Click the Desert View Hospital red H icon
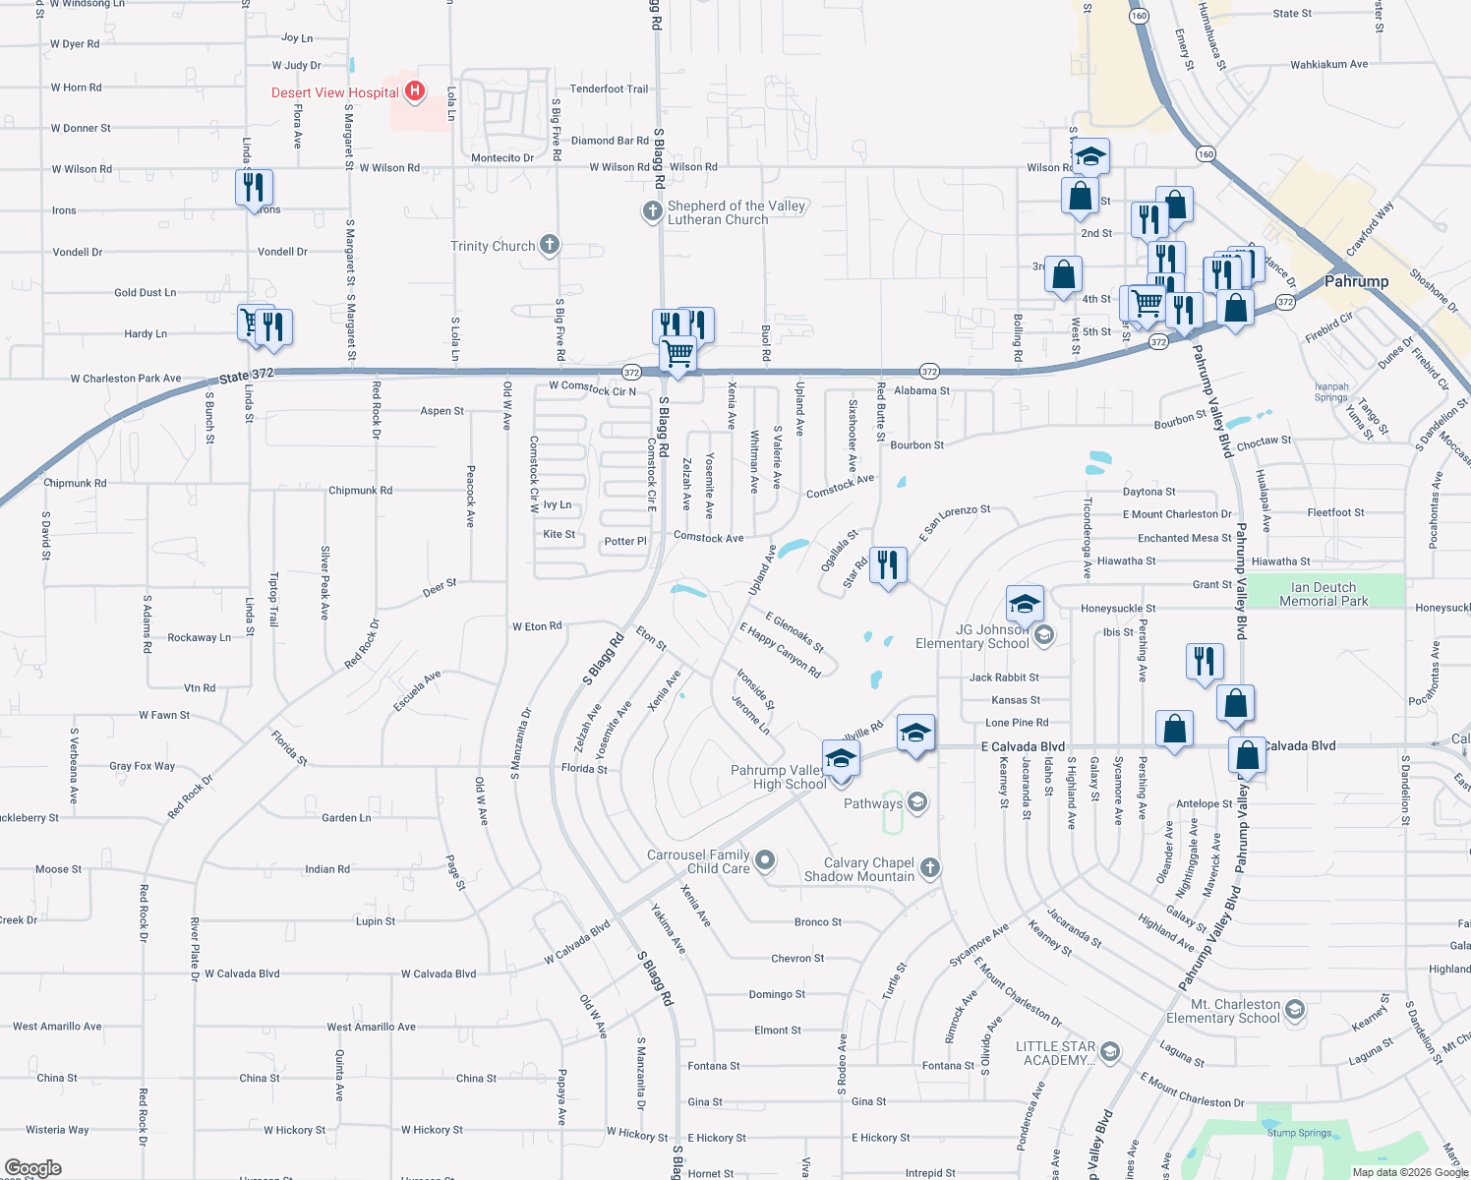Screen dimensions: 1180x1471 point(415,91)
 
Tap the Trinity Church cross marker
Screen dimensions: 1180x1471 point(550,245)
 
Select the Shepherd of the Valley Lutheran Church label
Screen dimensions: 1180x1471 point(736,212)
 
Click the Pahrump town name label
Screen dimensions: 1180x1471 point(1356,281)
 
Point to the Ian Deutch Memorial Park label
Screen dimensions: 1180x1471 point(1324,594)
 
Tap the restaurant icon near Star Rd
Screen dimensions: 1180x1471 point(888,565)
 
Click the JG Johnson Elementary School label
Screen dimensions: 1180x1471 point(972,636)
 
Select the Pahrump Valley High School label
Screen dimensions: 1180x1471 point(778,777)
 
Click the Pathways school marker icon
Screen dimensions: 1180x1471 point(917,803)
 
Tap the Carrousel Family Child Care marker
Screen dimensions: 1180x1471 point(765,861)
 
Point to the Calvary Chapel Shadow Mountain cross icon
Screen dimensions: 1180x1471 point(930,868)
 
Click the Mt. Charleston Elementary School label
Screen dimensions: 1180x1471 point(1223,1011)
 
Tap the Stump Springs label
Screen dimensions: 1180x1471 point(1299,1133)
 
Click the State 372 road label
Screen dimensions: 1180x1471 point(246,376)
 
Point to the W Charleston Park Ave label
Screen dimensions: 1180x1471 point(126,379)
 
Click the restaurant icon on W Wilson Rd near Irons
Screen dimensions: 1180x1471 point(254,186)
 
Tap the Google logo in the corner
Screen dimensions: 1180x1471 point(32,1168)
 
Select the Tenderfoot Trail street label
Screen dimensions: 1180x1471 point(609,89)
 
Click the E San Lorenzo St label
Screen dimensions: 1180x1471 point(955,522)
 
